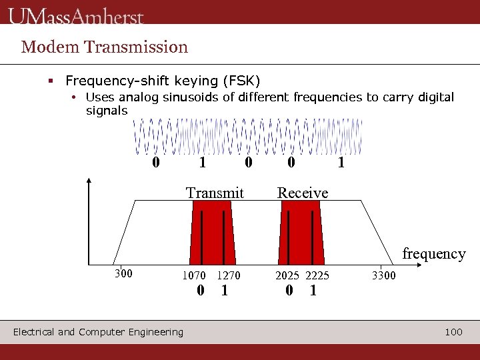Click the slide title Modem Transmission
coord(105,47)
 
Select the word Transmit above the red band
coord(215,193)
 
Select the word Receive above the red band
coord(303,193)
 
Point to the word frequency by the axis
coord(433,254)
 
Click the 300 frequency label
coord(123,273)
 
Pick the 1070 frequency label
coord(194,275)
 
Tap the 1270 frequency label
coord(228,275)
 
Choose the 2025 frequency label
coord(288,275)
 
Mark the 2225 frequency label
coord(317,275)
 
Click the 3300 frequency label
coord(383,275)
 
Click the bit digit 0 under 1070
coord(200,291)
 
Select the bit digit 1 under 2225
coord(313,291)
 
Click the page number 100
coord(453,331)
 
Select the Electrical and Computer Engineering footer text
coord(98,332)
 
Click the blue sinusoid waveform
coord(247,137)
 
